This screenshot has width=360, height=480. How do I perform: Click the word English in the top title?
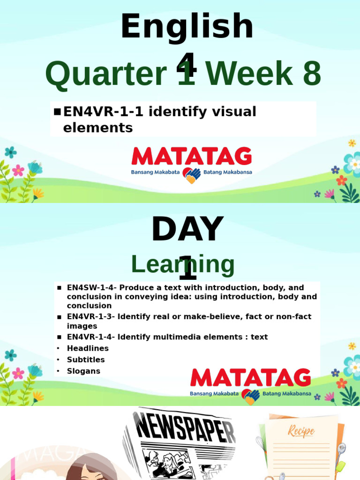[x=187, y=27]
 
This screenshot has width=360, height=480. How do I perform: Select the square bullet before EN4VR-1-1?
[x=57, y=112]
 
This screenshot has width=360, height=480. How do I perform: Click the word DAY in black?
[x=187, y=230]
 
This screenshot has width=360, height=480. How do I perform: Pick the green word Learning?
[x=183, y=264]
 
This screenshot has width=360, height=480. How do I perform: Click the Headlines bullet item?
[x=88, y=348]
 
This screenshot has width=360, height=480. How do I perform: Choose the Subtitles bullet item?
[x=86, y=360]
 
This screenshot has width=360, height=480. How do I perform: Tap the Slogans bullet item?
[x=83, y=371]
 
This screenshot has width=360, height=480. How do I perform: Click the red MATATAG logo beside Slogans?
[x=250, y=378]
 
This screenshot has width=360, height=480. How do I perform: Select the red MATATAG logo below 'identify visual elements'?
[x=191, y=157]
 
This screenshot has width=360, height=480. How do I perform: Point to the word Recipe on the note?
[x=301, y=431]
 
